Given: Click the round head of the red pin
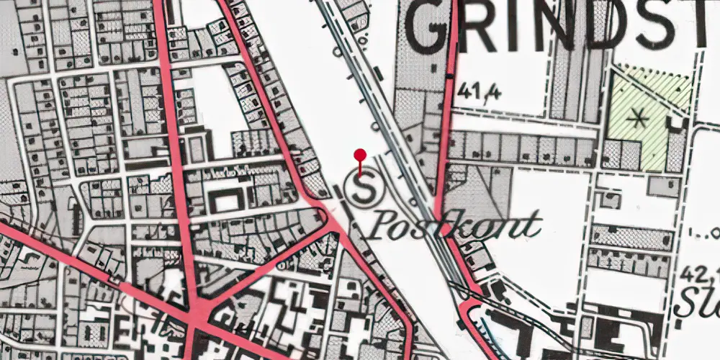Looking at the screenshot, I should tap(361, 153).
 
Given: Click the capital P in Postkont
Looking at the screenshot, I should tap(386, 225).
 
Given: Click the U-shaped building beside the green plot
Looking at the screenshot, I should tap(676, 123).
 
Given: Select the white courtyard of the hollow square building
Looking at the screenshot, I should tap(227, 203).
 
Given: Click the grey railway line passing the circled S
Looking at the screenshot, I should tap(404, 155).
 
